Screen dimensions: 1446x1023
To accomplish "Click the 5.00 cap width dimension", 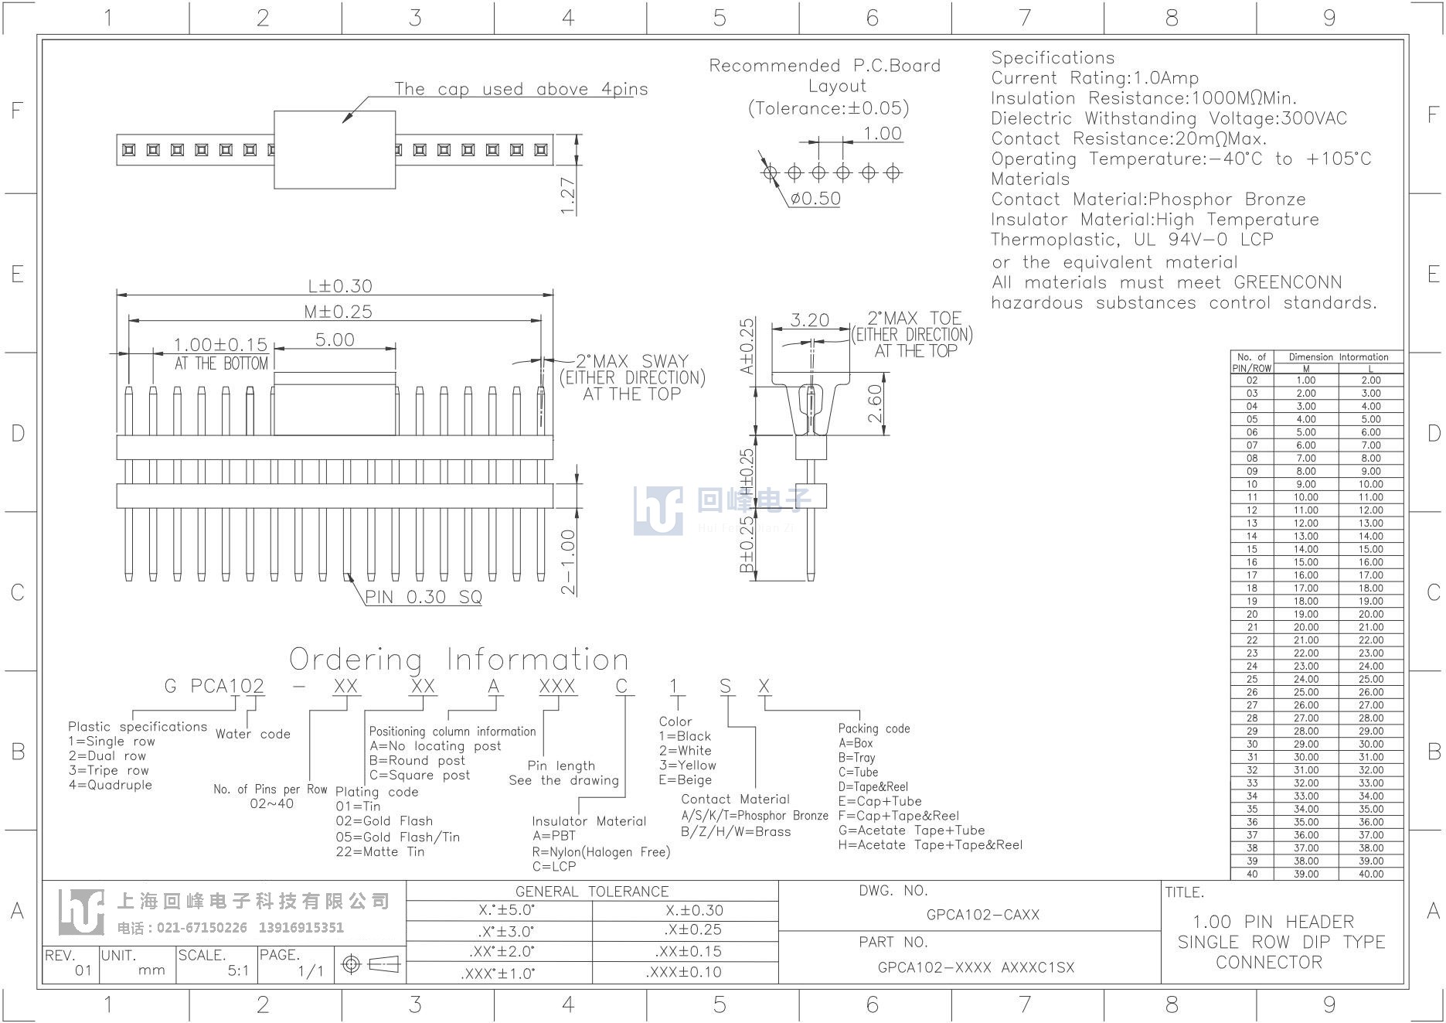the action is coord(335,339).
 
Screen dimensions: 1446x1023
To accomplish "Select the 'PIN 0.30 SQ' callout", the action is coord(424,597).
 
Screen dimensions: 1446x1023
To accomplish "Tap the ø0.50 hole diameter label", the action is coord(815,199).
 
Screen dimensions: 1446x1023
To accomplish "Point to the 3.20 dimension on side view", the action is coord(810,320).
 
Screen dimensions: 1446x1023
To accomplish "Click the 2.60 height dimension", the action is coord(876,404).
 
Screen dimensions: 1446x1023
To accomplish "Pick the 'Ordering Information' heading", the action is coord(459,660).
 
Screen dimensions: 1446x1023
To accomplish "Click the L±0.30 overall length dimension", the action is coord(340,286).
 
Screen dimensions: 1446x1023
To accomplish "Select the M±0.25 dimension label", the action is coord(339,312).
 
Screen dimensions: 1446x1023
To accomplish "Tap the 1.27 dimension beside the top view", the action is coord(568,196).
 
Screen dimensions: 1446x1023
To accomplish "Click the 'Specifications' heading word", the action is coord(1053,58).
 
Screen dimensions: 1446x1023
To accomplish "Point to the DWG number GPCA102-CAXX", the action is coord(983,915).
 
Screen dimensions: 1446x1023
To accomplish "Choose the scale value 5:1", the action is coord(238,970).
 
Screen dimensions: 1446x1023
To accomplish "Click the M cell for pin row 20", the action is coord(1306,614).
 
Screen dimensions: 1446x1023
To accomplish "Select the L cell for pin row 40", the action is coord(1371,874).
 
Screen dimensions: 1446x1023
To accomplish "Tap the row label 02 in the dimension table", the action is coord(1252,380).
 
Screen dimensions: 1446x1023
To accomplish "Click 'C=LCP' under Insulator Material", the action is coord(554,867).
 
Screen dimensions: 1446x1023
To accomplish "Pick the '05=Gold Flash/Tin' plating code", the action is coord(398,837).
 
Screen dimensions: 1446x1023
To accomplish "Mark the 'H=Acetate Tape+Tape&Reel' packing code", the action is coord(931,845).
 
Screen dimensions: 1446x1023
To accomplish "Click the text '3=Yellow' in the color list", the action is coord(688,766).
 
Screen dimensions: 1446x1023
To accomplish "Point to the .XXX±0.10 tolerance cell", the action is coord(684,973).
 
